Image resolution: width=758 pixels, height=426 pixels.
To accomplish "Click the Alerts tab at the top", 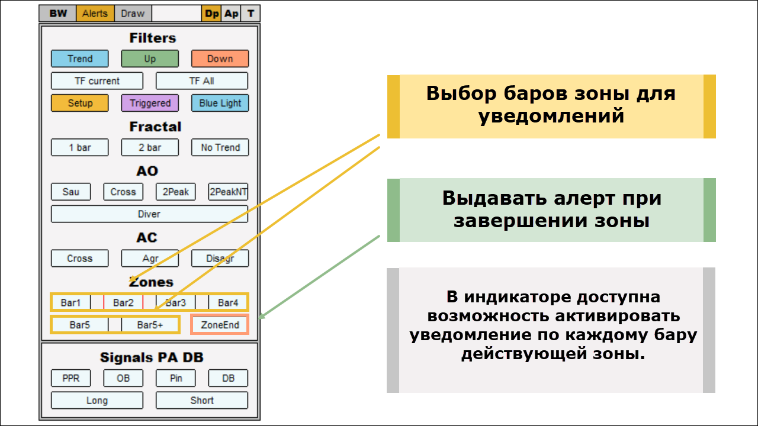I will coord(95,14).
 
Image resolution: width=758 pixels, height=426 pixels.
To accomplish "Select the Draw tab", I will coord(133,14).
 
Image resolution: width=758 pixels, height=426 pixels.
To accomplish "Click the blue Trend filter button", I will coord(80,59).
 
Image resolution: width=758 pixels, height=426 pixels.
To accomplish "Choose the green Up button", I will coord(150,59).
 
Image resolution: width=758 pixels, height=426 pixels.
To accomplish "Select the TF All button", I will coord(201,81).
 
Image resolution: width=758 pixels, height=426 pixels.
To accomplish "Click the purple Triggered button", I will coord(150,103).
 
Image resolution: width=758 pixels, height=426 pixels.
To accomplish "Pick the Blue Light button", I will coord(220,103).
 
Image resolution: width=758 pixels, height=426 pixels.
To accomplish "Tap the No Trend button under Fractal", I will coord(220,147).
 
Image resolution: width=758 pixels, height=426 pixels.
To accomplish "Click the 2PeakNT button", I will coord(228,192).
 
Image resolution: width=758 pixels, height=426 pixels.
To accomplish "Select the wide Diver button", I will coord(149,214).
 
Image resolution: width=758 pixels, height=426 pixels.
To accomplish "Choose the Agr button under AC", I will coord(150,259).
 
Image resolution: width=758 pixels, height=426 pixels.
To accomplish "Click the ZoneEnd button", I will coord(220,325).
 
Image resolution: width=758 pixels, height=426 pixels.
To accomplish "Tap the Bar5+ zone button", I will coord(150,325).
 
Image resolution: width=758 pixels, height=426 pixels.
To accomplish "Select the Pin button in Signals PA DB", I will coord(176,378).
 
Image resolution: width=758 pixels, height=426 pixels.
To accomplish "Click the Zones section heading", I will coord(151,282).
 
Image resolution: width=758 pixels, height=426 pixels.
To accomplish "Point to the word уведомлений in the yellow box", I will coord(551,115).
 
